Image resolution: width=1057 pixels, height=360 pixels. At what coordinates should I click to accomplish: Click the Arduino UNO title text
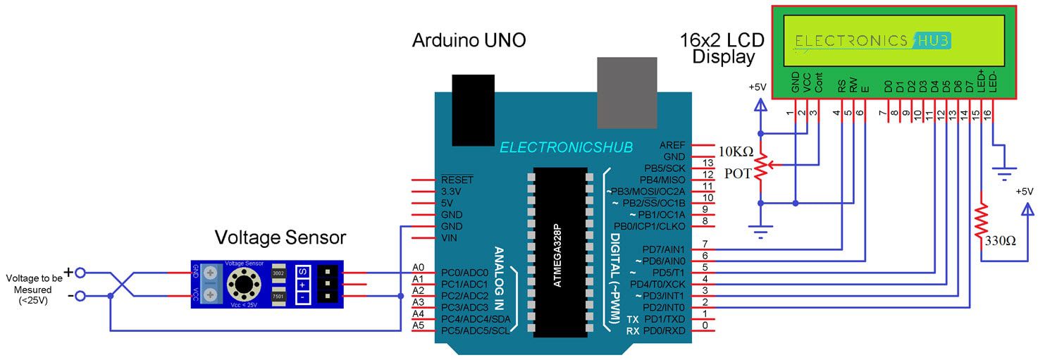[x=469, y=41]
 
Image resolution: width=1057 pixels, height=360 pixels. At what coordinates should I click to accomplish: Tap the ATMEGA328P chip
[x=560, y=252]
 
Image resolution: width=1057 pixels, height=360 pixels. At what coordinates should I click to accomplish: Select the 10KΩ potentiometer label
[x=736, y=151]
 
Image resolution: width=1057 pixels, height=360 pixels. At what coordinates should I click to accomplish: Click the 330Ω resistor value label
[x=1001, y=241]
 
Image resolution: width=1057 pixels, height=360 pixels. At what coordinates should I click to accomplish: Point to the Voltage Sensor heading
[x=280, y=237]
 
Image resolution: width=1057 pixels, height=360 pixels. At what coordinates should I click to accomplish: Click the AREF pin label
[x=672, y=144]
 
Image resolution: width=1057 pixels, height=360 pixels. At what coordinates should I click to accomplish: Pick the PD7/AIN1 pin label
[x=661, y=249]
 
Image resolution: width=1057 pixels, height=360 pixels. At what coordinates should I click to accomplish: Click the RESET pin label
[x=457, y=180]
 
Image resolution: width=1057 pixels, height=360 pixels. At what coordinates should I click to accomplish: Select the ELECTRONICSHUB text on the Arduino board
[x=566, y=147]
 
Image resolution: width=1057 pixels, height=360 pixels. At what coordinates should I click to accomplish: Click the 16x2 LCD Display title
[x=722, y=48]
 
